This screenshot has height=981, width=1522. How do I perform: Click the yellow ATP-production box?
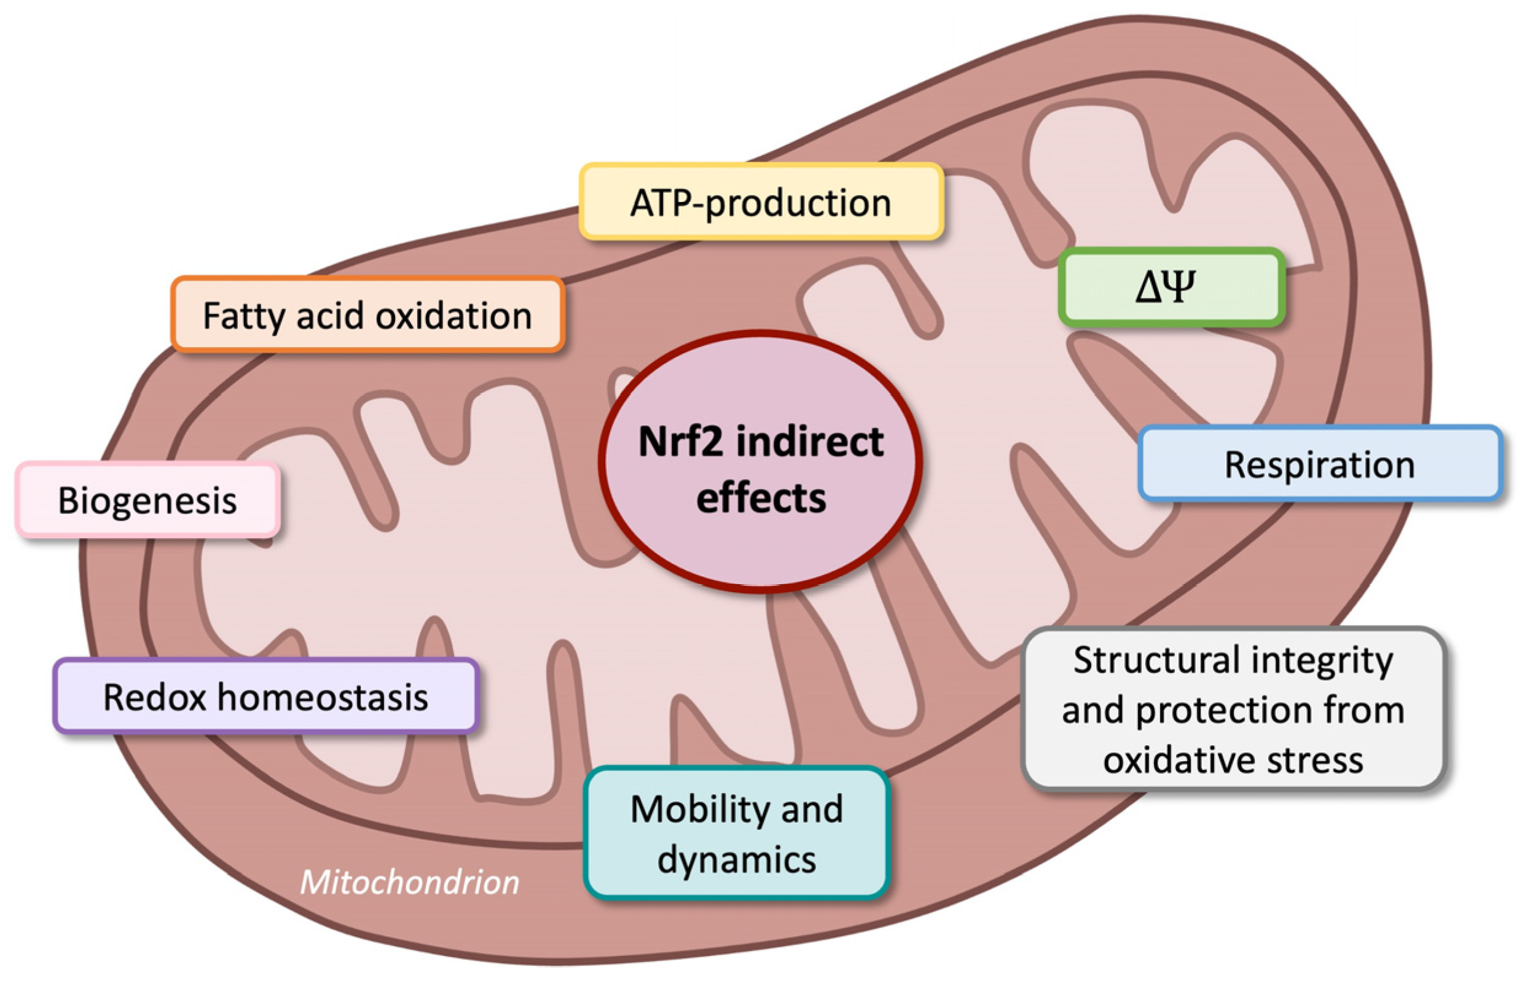click(x=761, y=203)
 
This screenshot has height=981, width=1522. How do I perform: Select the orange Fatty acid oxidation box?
click(x=367, y=315)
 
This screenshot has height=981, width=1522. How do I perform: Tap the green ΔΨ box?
click(x=1171, y=287)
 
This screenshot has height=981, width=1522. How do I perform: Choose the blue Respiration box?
click(x=1320, y=464)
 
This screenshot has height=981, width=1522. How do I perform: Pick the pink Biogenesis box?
click(x=148, y=500)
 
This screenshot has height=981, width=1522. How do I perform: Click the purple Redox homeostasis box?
click(x=265, y=696)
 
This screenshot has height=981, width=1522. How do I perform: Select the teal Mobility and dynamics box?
click(x=737, y=833)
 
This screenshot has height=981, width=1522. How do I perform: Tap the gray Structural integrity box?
click(x=1233, y=709)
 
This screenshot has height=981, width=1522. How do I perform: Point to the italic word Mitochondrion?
click(x=410, y=882)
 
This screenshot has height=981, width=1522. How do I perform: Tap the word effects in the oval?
click(x=761, y=498)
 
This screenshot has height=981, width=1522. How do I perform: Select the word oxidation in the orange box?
click(x=453, y=315)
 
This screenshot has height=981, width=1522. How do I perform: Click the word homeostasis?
click(x=323, y=696)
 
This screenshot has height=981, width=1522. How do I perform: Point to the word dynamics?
click(x=737, y=860)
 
